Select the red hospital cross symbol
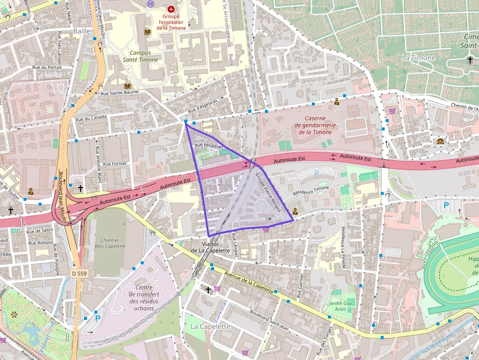click(x=171, y=9)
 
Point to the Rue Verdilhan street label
click(x=208, y=146)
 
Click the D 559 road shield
click(x=78, y=274)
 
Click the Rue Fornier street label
click(x=115, y=164)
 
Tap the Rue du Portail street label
click(x=47, y=67)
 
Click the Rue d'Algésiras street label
click(x=204, y=104)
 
